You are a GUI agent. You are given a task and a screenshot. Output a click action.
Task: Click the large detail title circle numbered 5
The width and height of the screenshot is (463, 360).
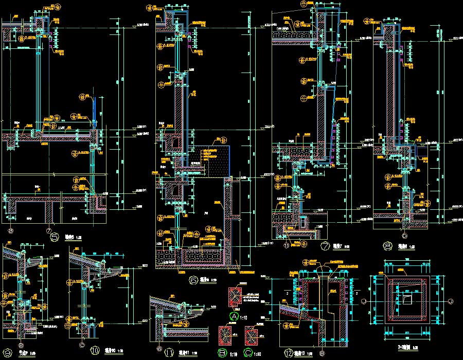55,238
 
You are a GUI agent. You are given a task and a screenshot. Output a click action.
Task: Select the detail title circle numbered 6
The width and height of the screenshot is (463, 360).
193,280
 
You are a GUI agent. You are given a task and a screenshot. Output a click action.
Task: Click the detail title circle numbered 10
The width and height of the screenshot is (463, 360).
95,351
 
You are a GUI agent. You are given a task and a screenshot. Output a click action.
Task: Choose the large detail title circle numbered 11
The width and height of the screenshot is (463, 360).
168,352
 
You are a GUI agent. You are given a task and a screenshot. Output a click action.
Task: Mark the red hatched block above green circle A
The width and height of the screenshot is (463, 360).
234,298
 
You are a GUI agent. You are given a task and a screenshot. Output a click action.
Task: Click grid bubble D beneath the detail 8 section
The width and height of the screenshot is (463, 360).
404,236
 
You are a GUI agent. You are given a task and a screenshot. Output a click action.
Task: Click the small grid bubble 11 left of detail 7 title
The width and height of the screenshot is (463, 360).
286,246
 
